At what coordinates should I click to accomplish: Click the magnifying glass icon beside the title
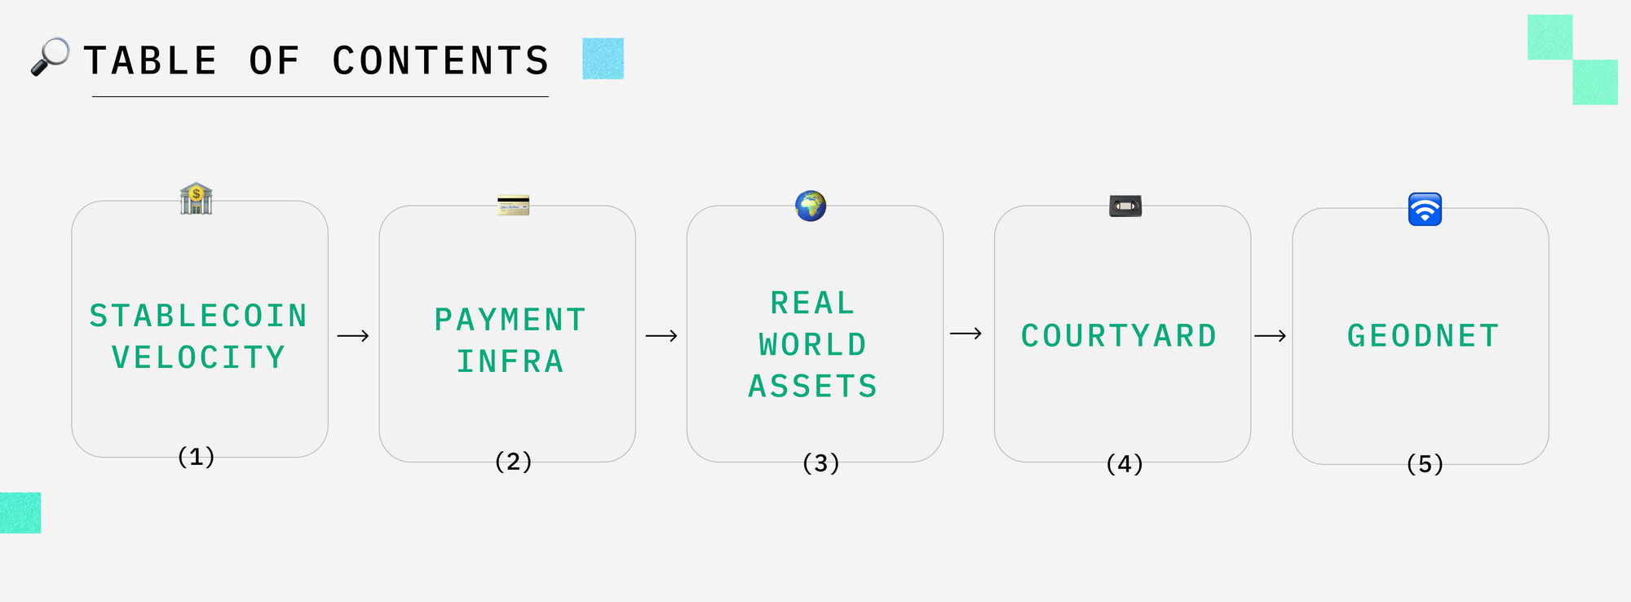49,57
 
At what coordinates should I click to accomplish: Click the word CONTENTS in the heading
440,61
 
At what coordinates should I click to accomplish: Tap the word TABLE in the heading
151,61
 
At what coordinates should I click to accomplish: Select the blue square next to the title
603,59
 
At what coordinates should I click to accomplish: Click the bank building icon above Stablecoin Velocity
196,199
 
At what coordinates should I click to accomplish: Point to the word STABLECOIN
198,316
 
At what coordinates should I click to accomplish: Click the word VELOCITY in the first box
198,357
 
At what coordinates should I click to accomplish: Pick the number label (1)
197,457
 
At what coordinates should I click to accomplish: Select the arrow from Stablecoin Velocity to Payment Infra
353,336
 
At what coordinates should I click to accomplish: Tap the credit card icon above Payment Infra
514,205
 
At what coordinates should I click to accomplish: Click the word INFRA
511,361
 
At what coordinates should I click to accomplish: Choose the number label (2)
514,462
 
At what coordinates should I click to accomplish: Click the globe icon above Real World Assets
811,206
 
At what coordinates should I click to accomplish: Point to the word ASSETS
813,386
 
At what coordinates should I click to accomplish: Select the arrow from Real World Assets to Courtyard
966,334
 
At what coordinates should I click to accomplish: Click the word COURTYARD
1119,336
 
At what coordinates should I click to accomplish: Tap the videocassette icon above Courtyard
1125,206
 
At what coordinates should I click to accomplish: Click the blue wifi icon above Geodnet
1425,209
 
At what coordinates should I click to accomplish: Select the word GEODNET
1423,336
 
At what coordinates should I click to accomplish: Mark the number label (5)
1425,464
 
